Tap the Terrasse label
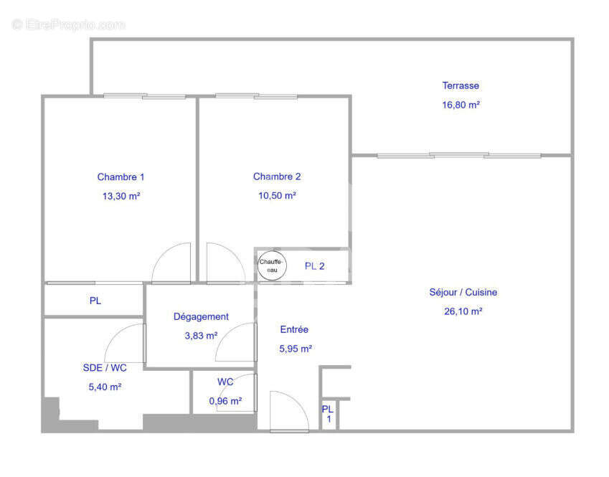pos(461,85)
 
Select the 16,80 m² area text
pos(461,104)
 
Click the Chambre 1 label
pos(121,177)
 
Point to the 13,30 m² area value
pos(121,196)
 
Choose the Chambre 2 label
pos(277,176)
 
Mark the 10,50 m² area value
pos(277,195)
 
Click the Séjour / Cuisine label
pos(463,292)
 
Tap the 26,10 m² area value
pos(463,311)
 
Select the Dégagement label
pos(202,316)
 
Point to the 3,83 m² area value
pos(202,335)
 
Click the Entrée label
pos(294,329)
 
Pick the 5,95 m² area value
pos(296,349)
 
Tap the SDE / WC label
pos(105,367)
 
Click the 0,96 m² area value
pos(225,401)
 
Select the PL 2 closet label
pos(315,266)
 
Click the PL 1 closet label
pos(328,413)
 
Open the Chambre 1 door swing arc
pos(172,263)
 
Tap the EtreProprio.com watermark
pos(69,24)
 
